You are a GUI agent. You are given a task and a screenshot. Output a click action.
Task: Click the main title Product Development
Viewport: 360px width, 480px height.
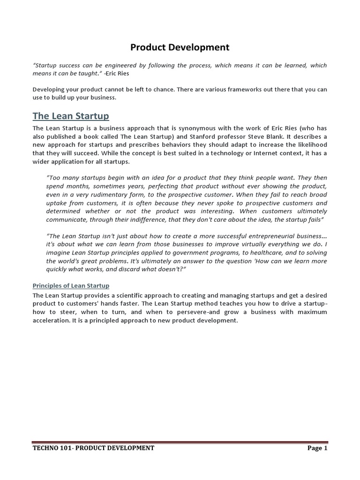click(x=180, y=47)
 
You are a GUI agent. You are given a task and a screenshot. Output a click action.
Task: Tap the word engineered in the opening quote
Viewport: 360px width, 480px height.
click(x=125, y=65)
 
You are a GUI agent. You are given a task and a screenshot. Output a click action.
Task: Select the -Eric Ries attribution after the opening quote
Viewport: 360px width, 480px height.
click(x=118, y=74)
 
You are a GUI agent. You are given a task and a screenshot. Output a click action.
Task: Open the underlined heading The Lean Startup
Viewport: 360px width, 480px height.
click(x=71, y=116)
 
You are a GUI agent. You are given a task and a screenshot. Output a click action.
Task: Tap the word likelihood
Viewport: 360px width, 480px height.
click(x=311, y=145)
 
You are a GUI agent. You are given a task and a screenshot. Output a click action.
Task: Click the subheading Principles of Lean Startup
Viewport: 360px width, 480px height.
click(x=71, y=285)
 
